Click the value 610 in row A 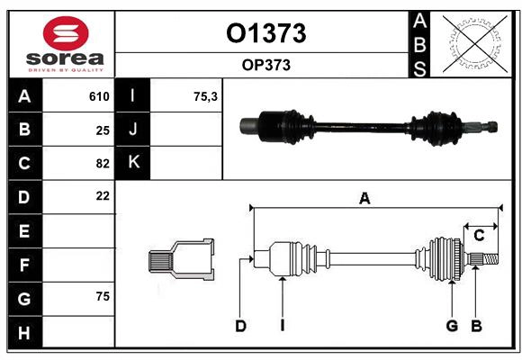(99, 96)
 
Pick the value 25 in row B (103, 130)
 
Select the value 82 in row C (103, 163)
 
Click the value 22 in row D (103, 195)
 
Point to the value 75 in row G (103, 295)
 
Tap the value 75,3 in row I (206, 96)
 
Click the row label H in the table (23, 332)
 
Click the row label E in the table (23, 231)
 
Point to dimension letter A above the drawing (364, 199)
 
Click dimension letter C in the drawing (480, 235)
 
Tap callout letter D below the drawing (240, 326)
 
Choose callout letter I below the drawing (282, 326)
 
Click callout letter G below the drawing (452, 326)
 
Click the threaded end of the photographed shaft (489, 127)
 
